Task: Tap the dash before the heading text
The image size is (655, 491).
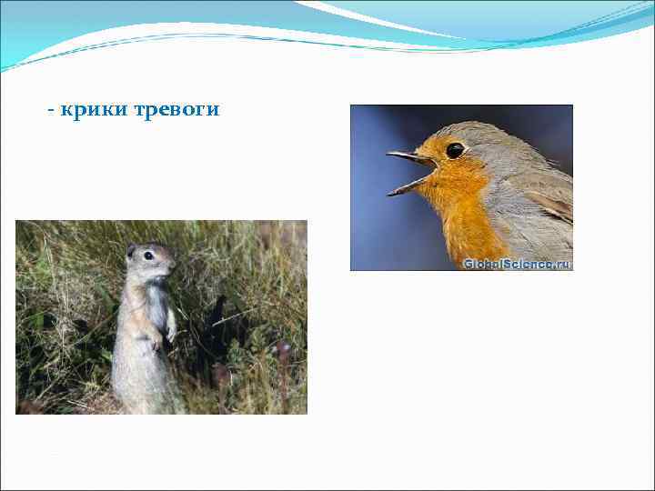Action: (x=52, y=111)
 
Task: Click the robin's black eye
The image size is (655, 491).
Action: (x=454, y=150)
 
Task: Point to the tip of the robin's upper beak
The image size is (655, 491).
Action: (x=389, y=155)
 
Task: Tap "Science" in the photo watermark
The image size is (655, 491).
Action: (x=529, y=264)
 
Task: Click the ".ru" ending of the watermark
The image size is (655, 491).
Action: (x=563, y=264)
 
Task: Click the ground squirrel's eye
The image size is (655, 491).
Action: (x=148, y=256)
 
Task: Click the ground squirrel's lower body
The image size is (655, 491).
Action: (x=141, y=377)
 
